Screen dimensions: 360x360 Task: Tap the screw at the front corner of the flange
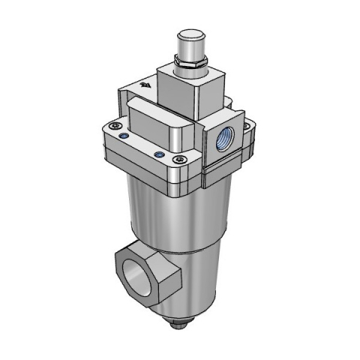point(178,159)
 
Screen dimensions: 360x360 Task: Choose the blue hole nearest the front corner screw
point(159,155)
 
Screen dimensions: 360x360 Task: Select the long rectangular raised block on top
point(161,124)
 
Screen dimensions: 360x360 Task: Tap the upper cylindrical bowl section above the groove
point(176,214)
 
